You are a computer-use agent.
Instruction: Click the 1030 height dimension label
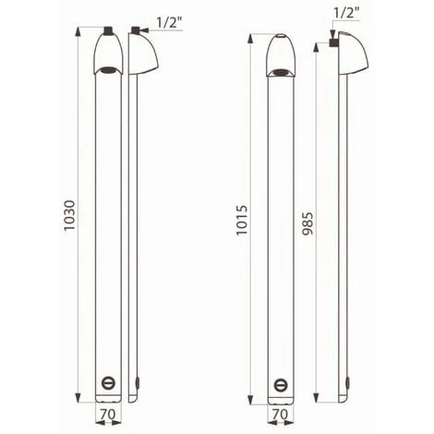[70, 216]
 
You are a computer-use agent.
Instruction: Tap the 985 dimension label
[307, 219]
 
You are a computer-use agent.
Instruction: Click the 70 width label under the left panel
[107, 416]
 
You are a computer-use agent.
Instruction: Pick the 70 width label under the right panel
[281, 416]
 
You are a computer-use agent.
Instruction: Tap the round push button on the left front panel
[107, 382]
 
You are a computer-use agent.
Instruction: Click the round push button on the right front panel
[281, 382]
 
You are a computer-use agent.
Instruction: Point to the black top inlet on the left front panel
[107, 30]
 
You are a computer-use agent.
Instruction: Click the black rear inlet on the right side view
[333, 43]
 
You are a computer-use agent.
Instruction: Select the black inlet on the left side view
[134, 30]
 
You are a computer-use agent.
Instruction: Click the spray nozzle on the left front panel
[107, 69]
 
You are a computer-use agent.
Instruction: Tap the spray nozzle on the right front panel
[281, 69]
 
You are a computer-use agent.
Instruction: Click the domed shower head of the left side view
[145, 53]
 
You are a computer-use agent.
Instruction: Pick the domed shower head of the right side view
[354, 53]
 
